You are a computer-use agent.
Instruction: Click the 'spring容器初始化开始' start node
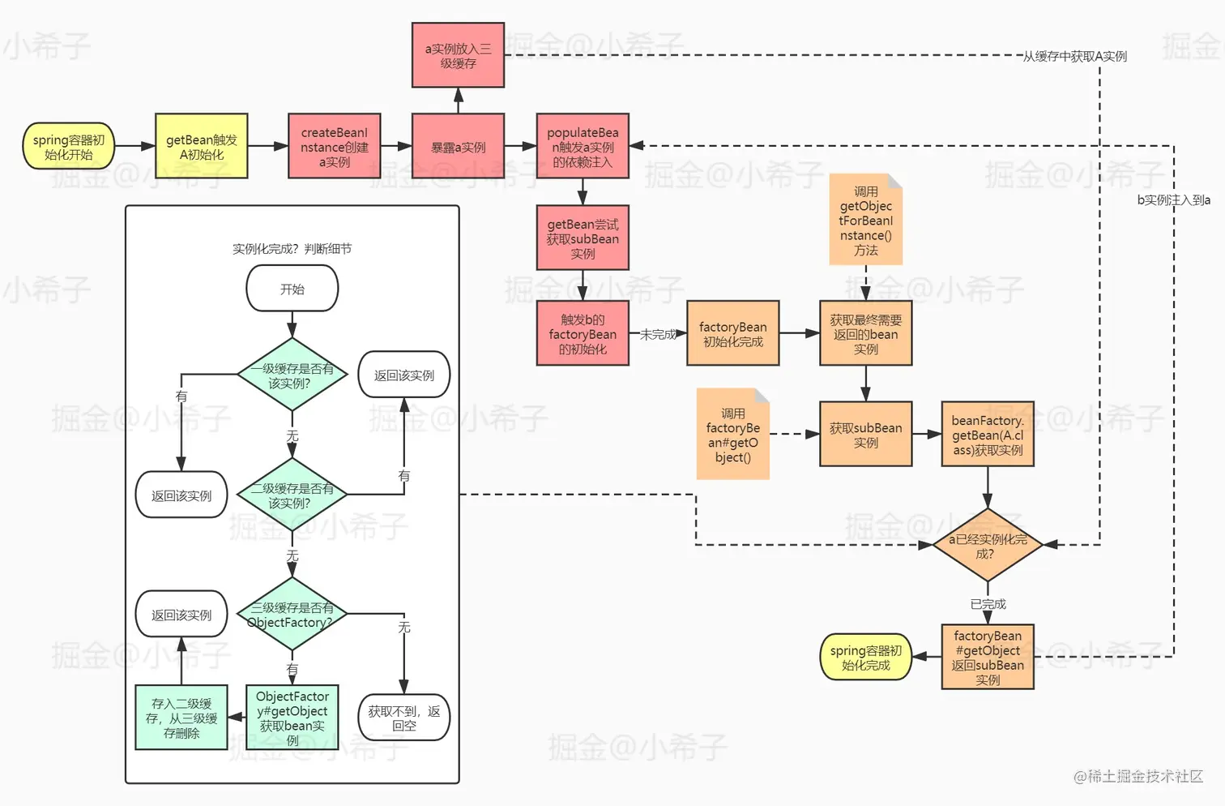tap(69, 147)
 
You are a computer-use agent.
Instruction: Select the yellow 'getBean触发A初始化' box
tap(202, 147)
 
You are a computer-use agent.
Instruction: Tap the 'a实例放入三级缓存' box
tap(458, 55)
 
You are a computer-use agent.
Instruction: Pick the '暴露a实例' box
tap(458, 147)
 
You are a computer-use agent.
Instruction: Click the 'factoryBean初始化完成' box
tap(732, 333)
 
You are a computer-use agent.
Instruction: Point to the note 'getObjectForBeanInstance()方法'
tap(865, 220)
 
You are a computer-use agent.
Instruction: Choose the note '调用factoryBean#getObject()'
tap(732, 435)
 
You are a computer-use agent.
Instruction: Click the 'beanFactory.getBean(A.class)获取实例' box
tap(987, 435)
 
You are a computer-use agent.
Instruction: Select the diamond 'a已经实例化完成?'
tap(987, 546)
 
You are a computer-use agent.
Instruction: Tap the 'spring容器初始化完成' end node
tap(865, 657)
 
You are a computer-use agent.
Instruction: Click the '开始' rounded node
tap(292, 289)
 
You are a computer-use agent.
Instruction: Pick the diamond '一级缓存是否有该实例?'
tap(292, 375)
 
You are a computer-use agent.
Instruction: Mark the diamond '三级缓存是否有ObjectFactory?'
tap(292, 615)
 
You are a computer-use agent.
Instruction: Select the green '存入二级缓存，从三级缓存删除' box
tap(181, 718)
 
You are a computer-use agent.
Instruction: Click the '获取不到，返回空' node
tap(403, 718)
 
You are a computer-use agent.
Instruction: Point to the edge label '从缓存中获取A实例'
tap(1074, 56)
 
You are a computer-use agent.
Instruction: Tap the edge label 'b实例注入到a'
tap(1173, 199)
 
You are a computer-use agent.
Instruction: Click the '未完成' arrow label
tap(658, 334)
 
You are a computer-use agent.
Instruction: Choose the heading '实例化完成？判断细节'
tap(292, 249)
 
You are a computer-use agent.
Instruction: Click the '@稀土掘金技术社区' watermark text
tap(1137, 777)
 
